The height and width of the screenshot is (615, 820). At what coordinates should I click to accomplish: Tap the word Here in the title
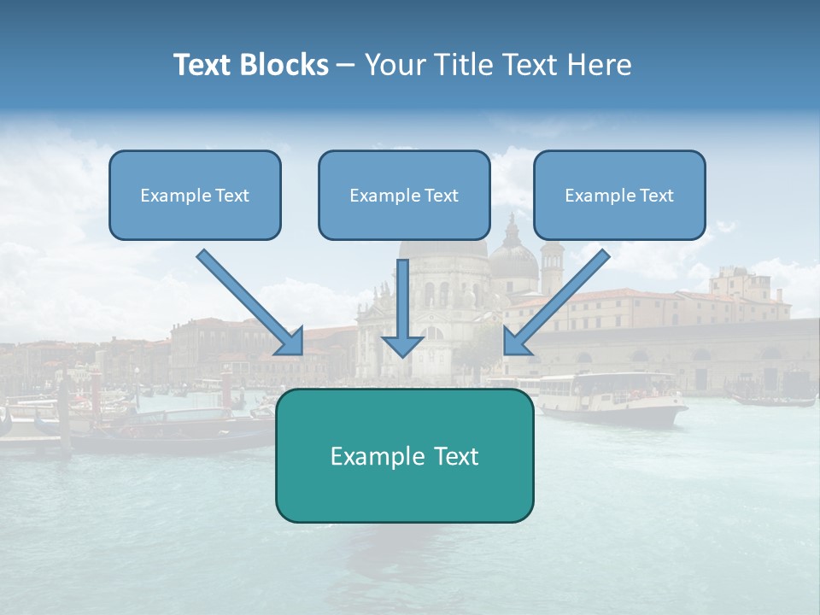pyautogui.click(x=601, y=65)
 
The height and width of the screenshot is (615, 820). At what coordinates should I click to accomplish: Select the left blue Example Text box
pyautogui.click(x=195, y=195)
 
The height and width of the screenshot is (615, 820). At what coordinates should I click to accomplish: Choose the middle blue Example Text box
pyautogui.click(x=404, y=195)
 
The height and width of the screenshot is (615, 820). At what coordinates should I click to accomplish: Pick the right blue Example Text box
pyautogui.click(x=619, y=195)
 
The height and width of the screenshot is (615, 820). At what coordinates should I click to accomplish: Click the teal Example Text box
pyautogui.click(x=404, y=455)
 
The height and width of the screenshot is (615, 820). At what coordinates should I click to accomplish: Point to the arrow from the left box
pyautogui.click(x=248, y=301)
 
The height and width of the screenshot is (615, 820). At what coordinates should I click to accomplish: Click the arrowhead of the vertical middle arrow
pyautogui.click(x=402, y=345)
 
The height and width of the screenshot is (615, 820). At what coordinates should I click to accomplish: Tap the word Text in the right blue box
pyautogui.click(x=656, y=196)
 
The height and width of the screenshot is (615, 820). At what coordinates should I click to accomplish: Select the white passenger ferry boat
pyautogui.click(x=611, y=397)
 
